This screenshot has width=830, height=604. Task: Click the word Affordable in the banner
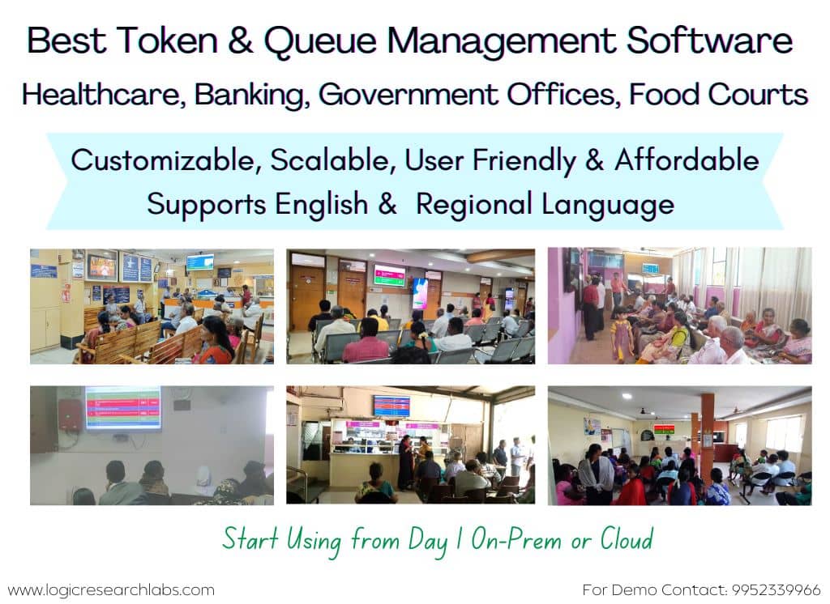point(687,160)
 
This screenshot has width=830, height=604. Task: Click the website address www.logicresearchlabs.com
point(111,589)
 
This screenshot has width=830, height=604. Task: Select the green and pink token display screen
point(389,275)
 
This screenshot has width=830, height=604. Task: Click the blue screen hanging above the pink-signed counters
point(391,406)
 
